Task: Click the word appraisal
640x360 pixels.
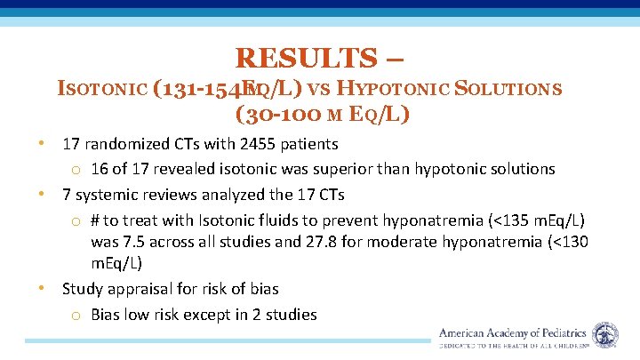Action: pos(142,289)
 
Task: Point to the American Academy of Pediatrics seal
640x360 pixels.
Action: pos(605,334)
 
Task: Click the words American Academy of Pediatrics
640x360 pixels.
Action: pos(514,332)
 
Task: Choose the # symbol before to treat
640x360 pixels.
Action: pos(96,220)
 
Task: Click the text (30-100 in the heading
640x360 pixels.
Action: pos(268,114)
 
